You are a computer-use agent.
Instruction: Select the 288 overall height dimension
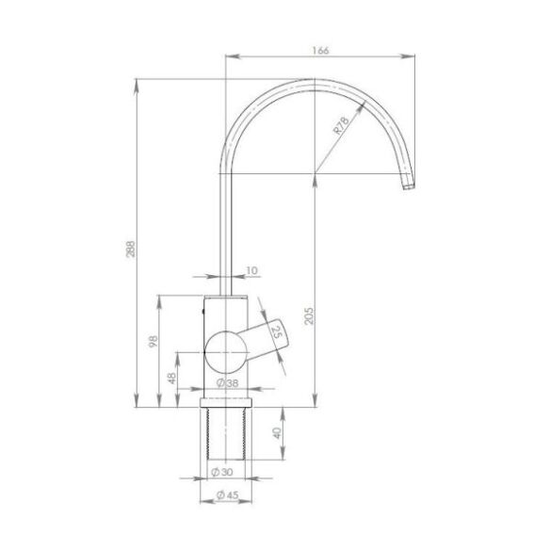point(131,248)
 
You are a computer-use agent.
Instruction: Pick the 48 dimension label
point(171,378)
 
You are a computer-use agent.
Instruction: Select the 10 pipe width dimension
point(251,271)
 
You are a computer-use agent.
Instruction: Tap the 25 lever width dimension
point(278,332)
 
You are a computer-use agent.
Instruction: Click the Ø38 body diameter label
point(226,382)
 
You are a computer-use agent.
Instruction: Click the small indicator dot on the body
point(204,308)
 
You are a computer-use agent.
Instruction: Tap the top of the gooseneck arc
point(311,82)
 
